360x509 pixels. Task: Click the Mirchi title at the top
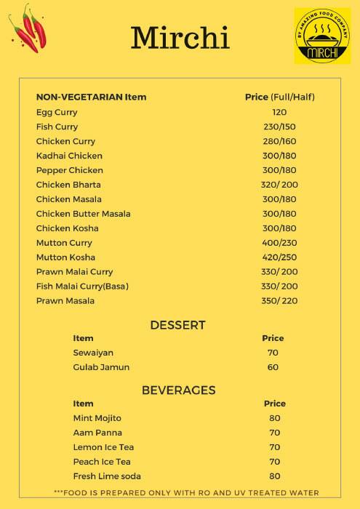(180, 37)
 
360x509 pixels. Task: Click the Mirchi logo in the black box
(321, 36)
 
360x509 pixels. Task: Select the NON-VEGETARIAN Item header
(91, 97)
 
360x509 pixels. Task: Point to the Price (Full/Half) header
(279, 97)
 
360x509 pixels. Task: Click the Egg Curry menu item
(57, 112)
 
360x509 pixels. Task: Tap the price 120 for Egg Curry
(279, 112)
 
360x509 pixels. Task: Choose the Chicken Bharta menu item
(68, 185)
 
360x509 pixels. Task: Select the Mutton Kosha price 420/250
(279, 257)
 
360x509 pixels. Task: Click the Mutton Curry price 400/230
(279, 243)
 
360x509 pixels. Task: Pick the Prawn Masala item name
(65, 301)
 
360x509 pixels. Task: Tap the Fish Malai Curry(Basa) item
(82, 286)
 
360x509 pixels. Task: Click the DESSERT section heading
(177, 325)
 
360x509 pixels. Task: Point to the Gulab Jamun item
(101, 367)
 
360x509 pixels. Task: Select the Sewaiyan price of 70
(273, 353)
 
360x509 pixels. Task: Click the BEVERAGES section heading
(178, 390)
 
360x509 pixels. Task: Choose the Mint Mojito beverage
(97, 418)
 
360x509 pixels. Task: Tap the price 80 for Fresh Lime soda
(275, 476)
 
